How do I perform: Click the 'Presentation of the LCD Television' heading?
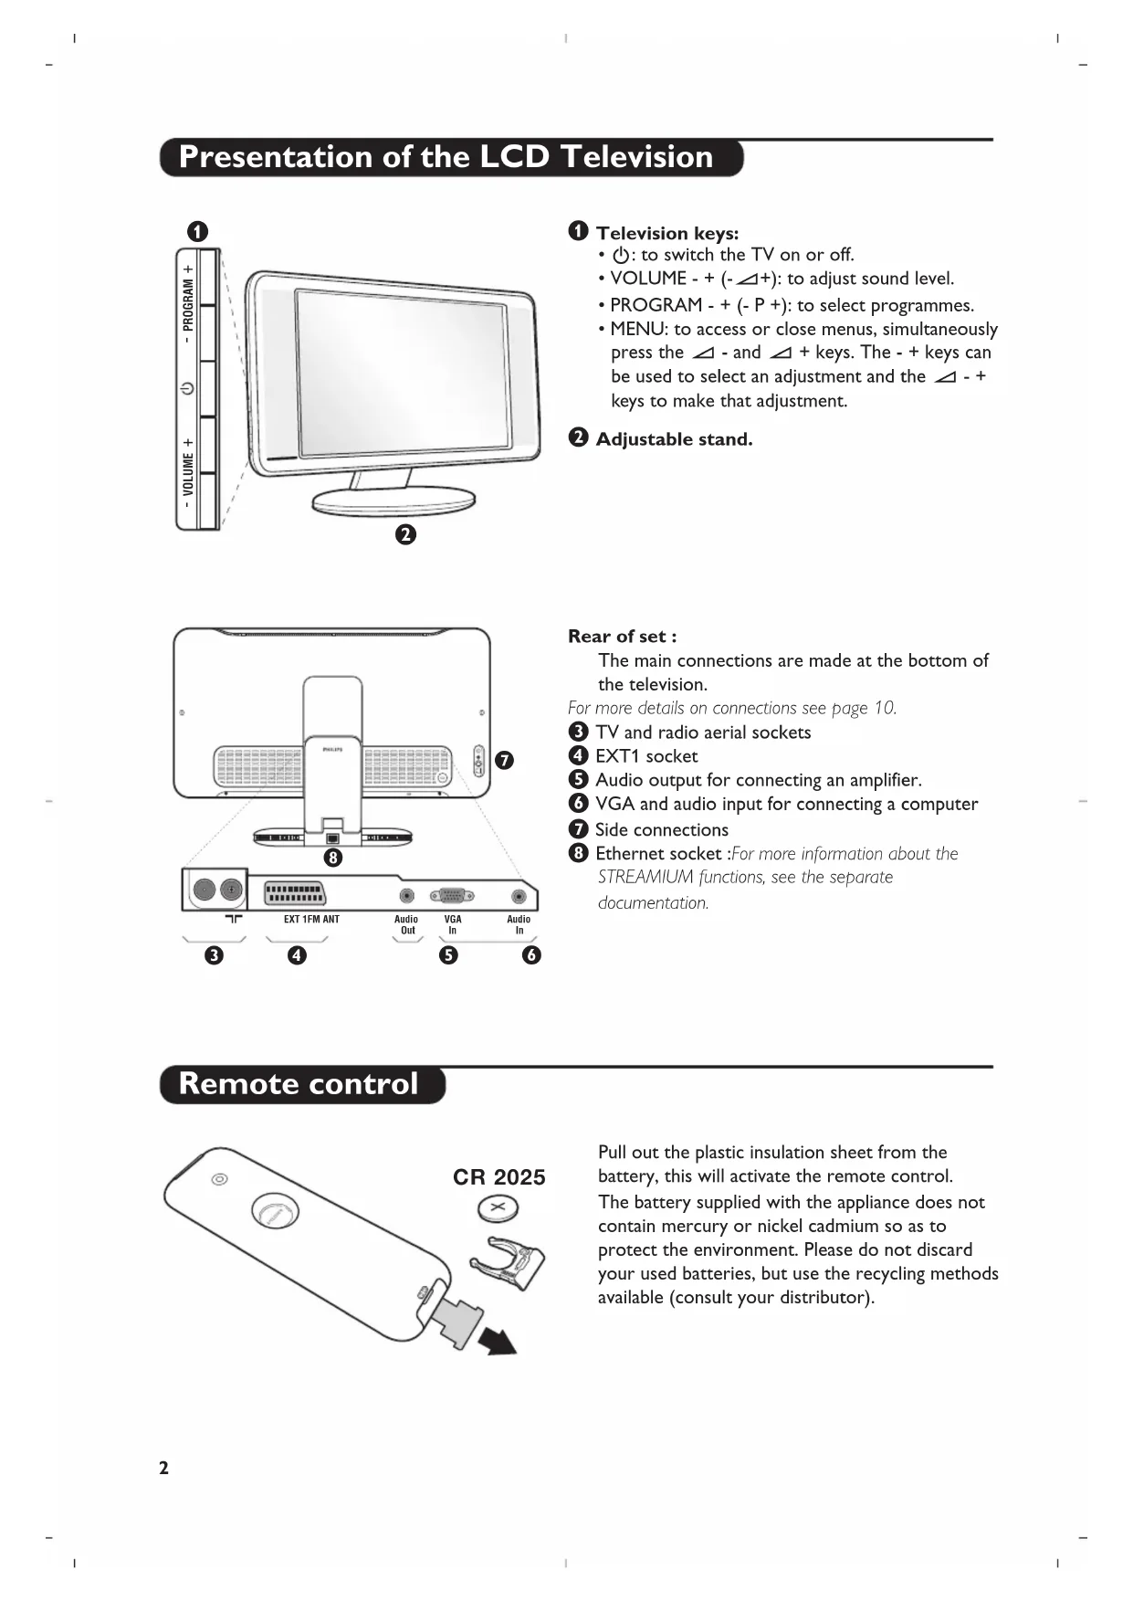[x=446, y=157]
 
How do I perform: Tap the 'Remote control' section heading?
[x=298, y=1084]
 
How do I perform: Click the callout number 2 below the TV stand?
[x=405, y=534]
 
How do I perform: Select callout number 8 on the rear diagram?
[x=333, y=858]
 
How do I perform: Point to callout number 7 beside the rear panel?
[x=504, y=760]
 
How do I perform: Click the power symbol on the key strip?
[x=187, y=388]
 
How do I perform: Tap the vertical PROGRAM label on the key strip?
[x=188, y=304]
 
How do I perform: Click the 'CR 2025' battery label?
[x=498, y=1177]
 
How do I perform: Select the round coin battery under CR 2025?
[x=498, y=1210]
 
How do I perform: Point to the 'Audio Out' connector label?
[x=406, y=925]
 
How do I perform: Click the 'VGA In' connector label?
[x=453, y=925]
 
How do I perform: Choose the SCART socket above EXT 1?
[x=294, y=893]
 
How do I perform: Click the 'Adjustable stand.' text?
[x=674, y=439]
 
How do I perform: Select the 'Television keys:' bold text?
[x=667, y=233]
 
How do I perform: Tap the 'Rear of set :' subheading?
[x=623, y=637]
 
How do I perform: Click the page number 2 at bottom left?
[x=163, y=1468]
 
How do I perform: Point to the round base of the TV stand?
[x=393, y=501]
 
